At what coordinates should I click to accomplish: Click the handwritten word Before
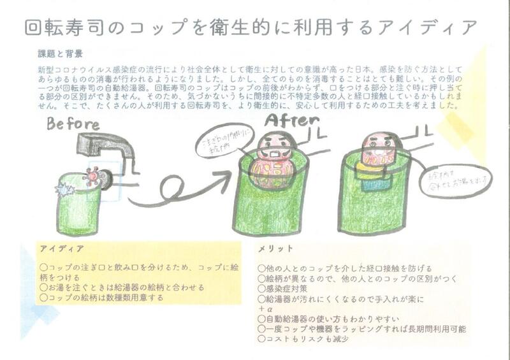coord(73,124)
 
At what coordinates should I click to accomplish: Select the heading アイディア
coord(59,248)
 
